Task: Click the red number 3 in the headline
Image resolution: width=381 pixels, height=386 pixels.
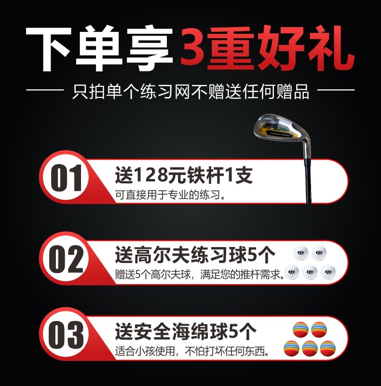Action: [193, 46]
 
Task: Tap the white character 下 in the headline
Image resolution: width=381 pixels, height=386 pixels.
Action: [49, 49]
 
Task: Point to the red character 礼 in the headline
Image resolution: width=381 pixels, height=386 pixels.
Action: [330, 48]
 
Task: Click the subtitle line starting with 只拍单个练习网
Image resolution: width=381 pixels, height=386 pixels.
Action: [190, 92]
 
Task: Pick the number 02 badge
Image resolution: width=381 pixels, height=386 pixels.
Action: [66, 259]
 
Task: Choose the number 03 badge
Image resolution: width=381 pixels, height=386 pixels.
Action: [66, 334]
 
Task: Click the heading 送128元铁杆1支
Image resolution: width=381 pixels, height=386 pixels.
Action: [184, 175]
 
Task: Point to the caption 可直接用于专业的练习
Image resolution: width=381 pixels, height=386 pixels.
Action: [171, 195]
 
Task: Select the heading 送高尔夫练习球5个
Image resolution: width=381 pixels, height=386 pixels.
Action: [195, 255]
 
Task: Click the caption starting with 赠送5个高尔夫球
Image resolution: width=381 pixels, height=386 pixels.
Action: [199, 274]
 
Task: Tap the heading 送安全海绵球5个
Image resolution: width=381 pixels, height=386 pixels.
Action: [186, 331]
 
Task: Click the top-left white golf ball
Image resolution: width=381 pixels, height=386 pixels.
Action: [301, 253]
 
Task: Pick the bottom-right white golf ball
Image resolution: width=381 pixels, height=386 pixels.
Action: [328, 272]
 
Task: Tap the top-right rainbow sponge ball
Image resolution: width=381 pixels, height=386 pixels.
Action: [319, 330]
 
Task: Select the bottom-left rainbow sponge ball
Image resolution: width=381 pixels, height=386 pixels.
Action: [292, 348]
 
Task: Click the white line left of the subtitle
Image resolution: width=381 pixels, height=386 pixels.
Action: [45, 90]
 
